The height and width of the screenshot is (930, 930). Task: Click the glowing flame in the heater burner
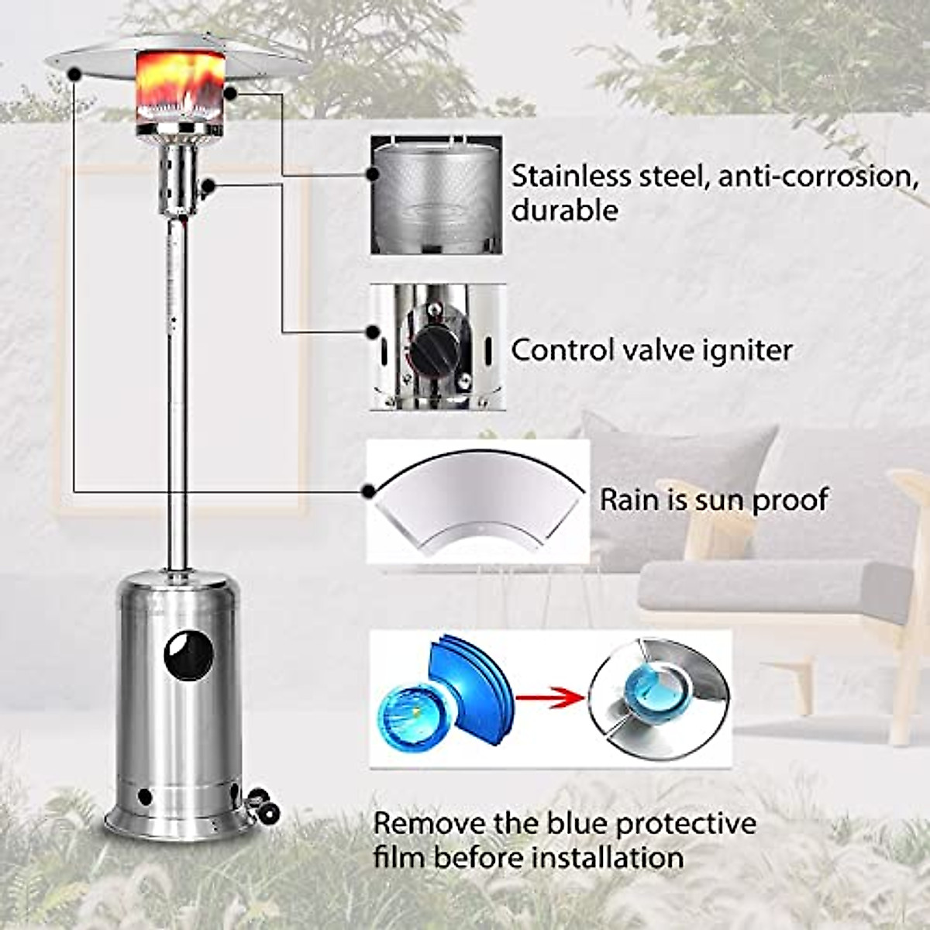184,85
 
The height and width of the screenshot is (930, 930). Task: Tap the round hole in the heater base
188,656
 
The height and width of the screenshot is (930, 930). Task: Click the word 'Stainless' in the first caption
567,176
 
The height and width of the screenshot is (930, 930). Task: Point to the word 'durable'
564,210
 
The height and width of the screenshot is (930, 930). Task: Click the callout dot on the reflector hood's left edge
74,74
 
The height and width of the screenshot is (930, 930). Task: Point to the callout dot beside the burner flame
230,92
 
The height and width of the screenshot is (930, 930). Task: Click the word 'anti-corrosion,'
813,176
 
